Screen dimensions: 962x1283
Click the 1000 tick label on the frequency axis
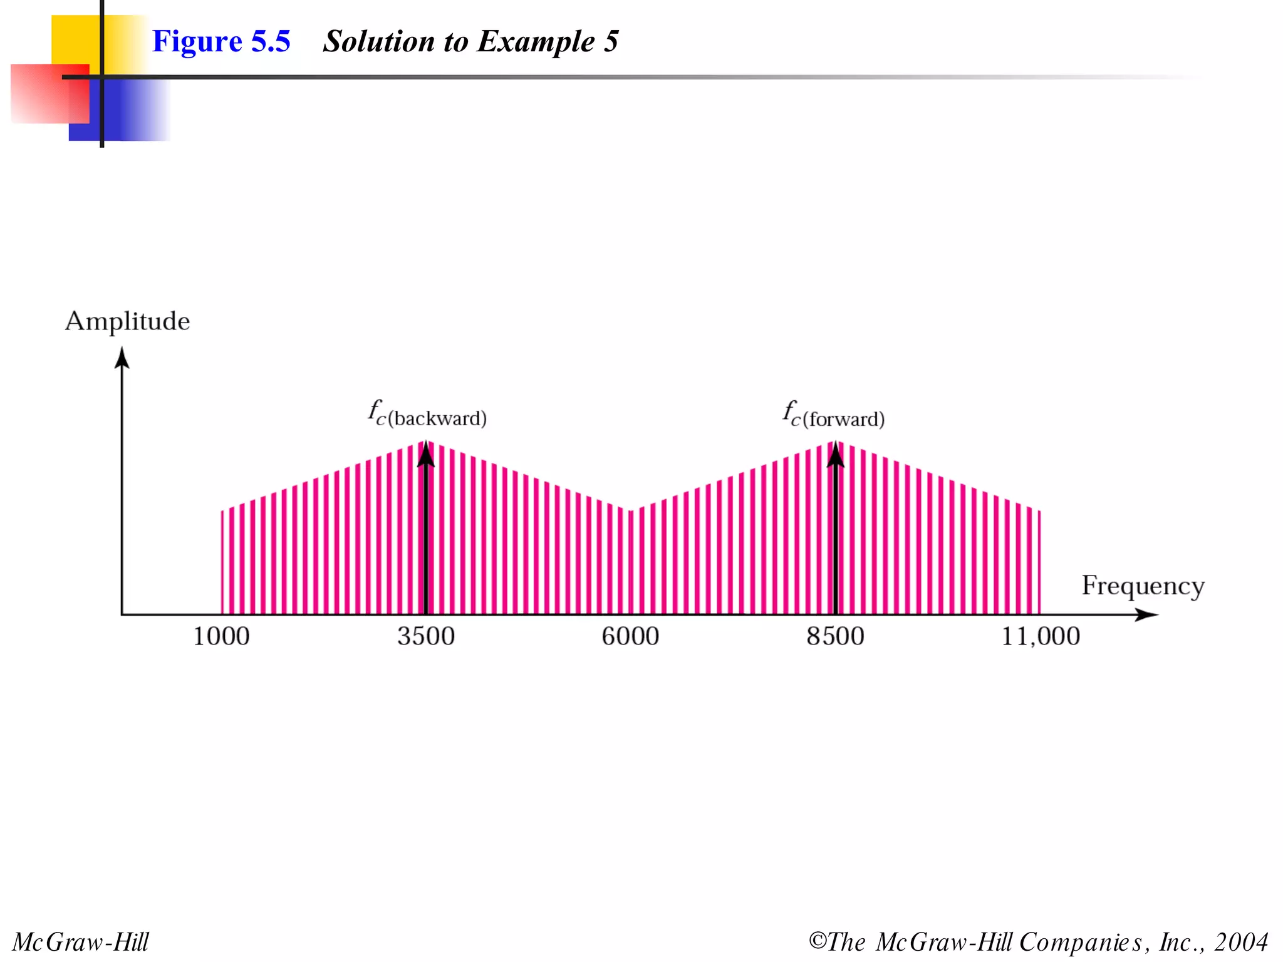click(221, 636)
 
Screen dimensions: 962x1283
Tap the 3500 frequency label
click(426, 636)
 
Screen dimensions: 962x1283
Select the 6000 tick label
click(630, 636)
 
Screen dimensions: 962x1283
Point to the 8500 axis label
click(835, 636)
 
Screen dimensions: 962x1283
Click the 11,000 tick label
click(1041, 636)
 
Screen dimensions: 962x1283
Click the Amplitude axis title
click(127, 321)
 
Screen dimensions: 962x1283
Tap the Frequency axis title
click(1143, 586)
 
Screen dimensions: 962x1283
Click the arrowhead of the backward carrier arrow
click(426, 454)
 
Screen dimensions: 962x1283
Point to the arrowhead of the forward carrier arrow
click(835, 454)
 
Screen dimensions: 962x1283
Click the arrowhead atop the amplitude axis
click(122, 358)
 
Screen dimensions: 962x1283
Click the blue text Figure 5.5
click(221, 41)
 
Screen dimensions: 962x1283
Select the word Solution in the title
click(378, 41)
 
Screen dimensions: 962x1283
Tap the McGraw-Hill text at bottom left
click(81, 942)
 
